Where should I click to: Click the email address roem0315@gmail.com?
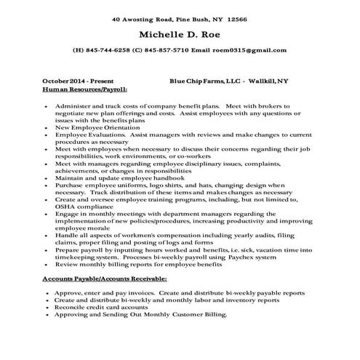(249, 51)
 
